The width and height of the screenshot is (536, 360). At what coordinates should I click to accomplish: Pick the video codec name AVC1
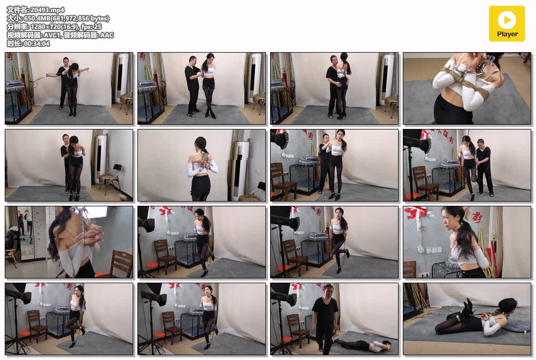coord(52,35)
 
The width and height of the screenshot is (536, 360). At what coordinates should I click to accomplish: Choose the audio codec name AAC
coord(107,35)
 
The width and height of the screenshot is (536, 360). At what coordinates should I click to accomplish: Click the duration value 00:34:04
coord(36,43)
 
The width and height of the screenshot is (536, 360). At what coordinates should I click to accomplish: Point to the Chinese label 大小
coord(13,18)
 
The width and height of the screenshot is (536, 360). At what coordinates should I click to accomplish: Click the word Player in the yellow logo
coord(507,34)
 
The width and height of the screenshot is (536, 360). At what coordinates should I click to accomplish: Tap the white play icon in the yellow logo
coord(507,20)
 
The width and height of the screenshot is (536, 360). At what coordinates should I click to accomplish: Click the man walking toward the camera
coord(325,318)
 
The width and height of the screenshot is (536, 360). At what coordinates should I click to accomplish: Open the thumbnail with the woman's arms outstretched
coord(68,88)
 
